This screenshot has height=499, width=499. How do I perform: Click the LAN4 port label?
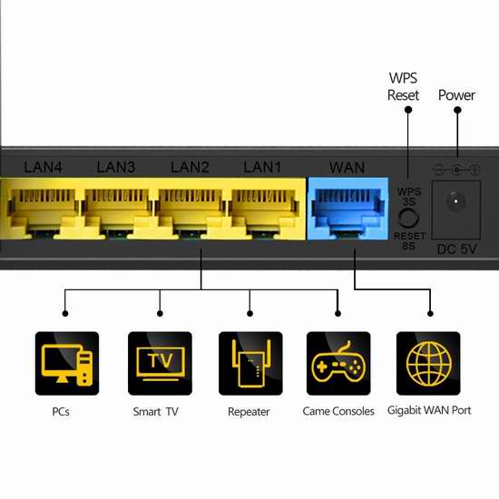[43, 167]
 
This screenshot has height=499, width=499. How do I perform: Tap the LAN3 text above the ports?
[116, 167]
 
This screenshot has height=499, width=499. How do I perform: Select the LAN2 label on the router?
[190, 167]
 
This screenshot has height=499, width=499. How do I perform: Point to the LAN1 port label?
[262, 167]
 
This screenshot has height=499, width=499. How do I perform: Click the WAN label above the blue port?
[347, 168]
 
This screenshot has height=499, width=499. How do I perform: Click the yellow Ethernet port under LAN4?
[43, 211]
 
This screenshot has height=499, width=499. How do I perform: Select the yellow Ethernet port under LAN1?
[263, 211]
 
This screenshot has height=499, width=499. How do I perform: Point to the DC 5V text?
[457, 249]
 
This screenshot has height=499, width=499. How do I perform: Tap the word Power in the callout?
[456, 95]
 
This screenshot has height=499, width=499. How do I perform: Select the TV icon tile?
[160, 364]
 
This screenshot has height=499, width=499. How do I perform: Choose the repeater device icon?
[250, 364]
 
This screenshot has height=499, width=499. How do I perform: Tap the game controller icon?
[338, 364]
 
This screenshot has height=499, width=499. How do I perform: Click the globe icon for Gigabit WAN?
[428, 364]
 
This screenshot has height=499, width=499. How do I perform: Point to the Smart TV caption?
[156, 412]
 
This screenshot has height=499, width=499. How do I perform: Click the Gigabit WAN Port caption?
[429, 410]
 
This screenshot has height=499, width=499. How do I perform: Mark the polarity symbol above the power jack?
[456, 170]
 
